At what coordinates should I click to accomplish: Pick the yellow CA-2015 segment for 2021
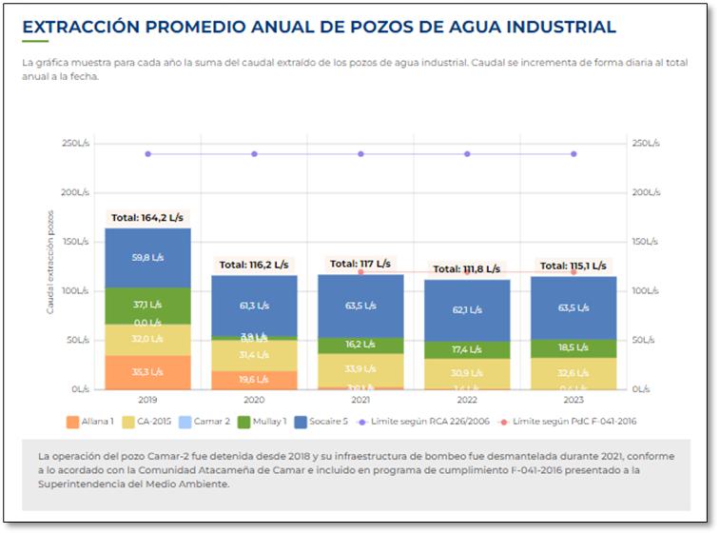point(360,369)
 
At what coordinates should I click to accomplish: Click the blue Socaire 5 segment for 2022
point(467,309)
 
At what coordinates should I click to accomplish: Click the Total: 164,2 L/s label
point(146,217)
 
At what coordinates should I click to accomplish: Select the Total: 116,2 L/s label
point(254,265)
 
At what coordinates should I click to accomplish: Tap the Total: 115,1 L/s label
point(574,266)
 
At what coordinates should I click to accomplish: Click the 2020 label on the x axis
point(254,401)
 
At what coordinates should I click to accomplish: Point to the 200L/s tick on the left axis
point(75,192)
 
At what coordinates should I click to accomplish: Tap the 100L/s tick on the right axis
point(644,291)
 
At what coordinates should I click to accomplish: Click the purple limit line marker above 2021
point(360,154)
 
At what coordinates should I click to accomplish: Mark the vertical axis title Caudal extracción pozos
point(50,263)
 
